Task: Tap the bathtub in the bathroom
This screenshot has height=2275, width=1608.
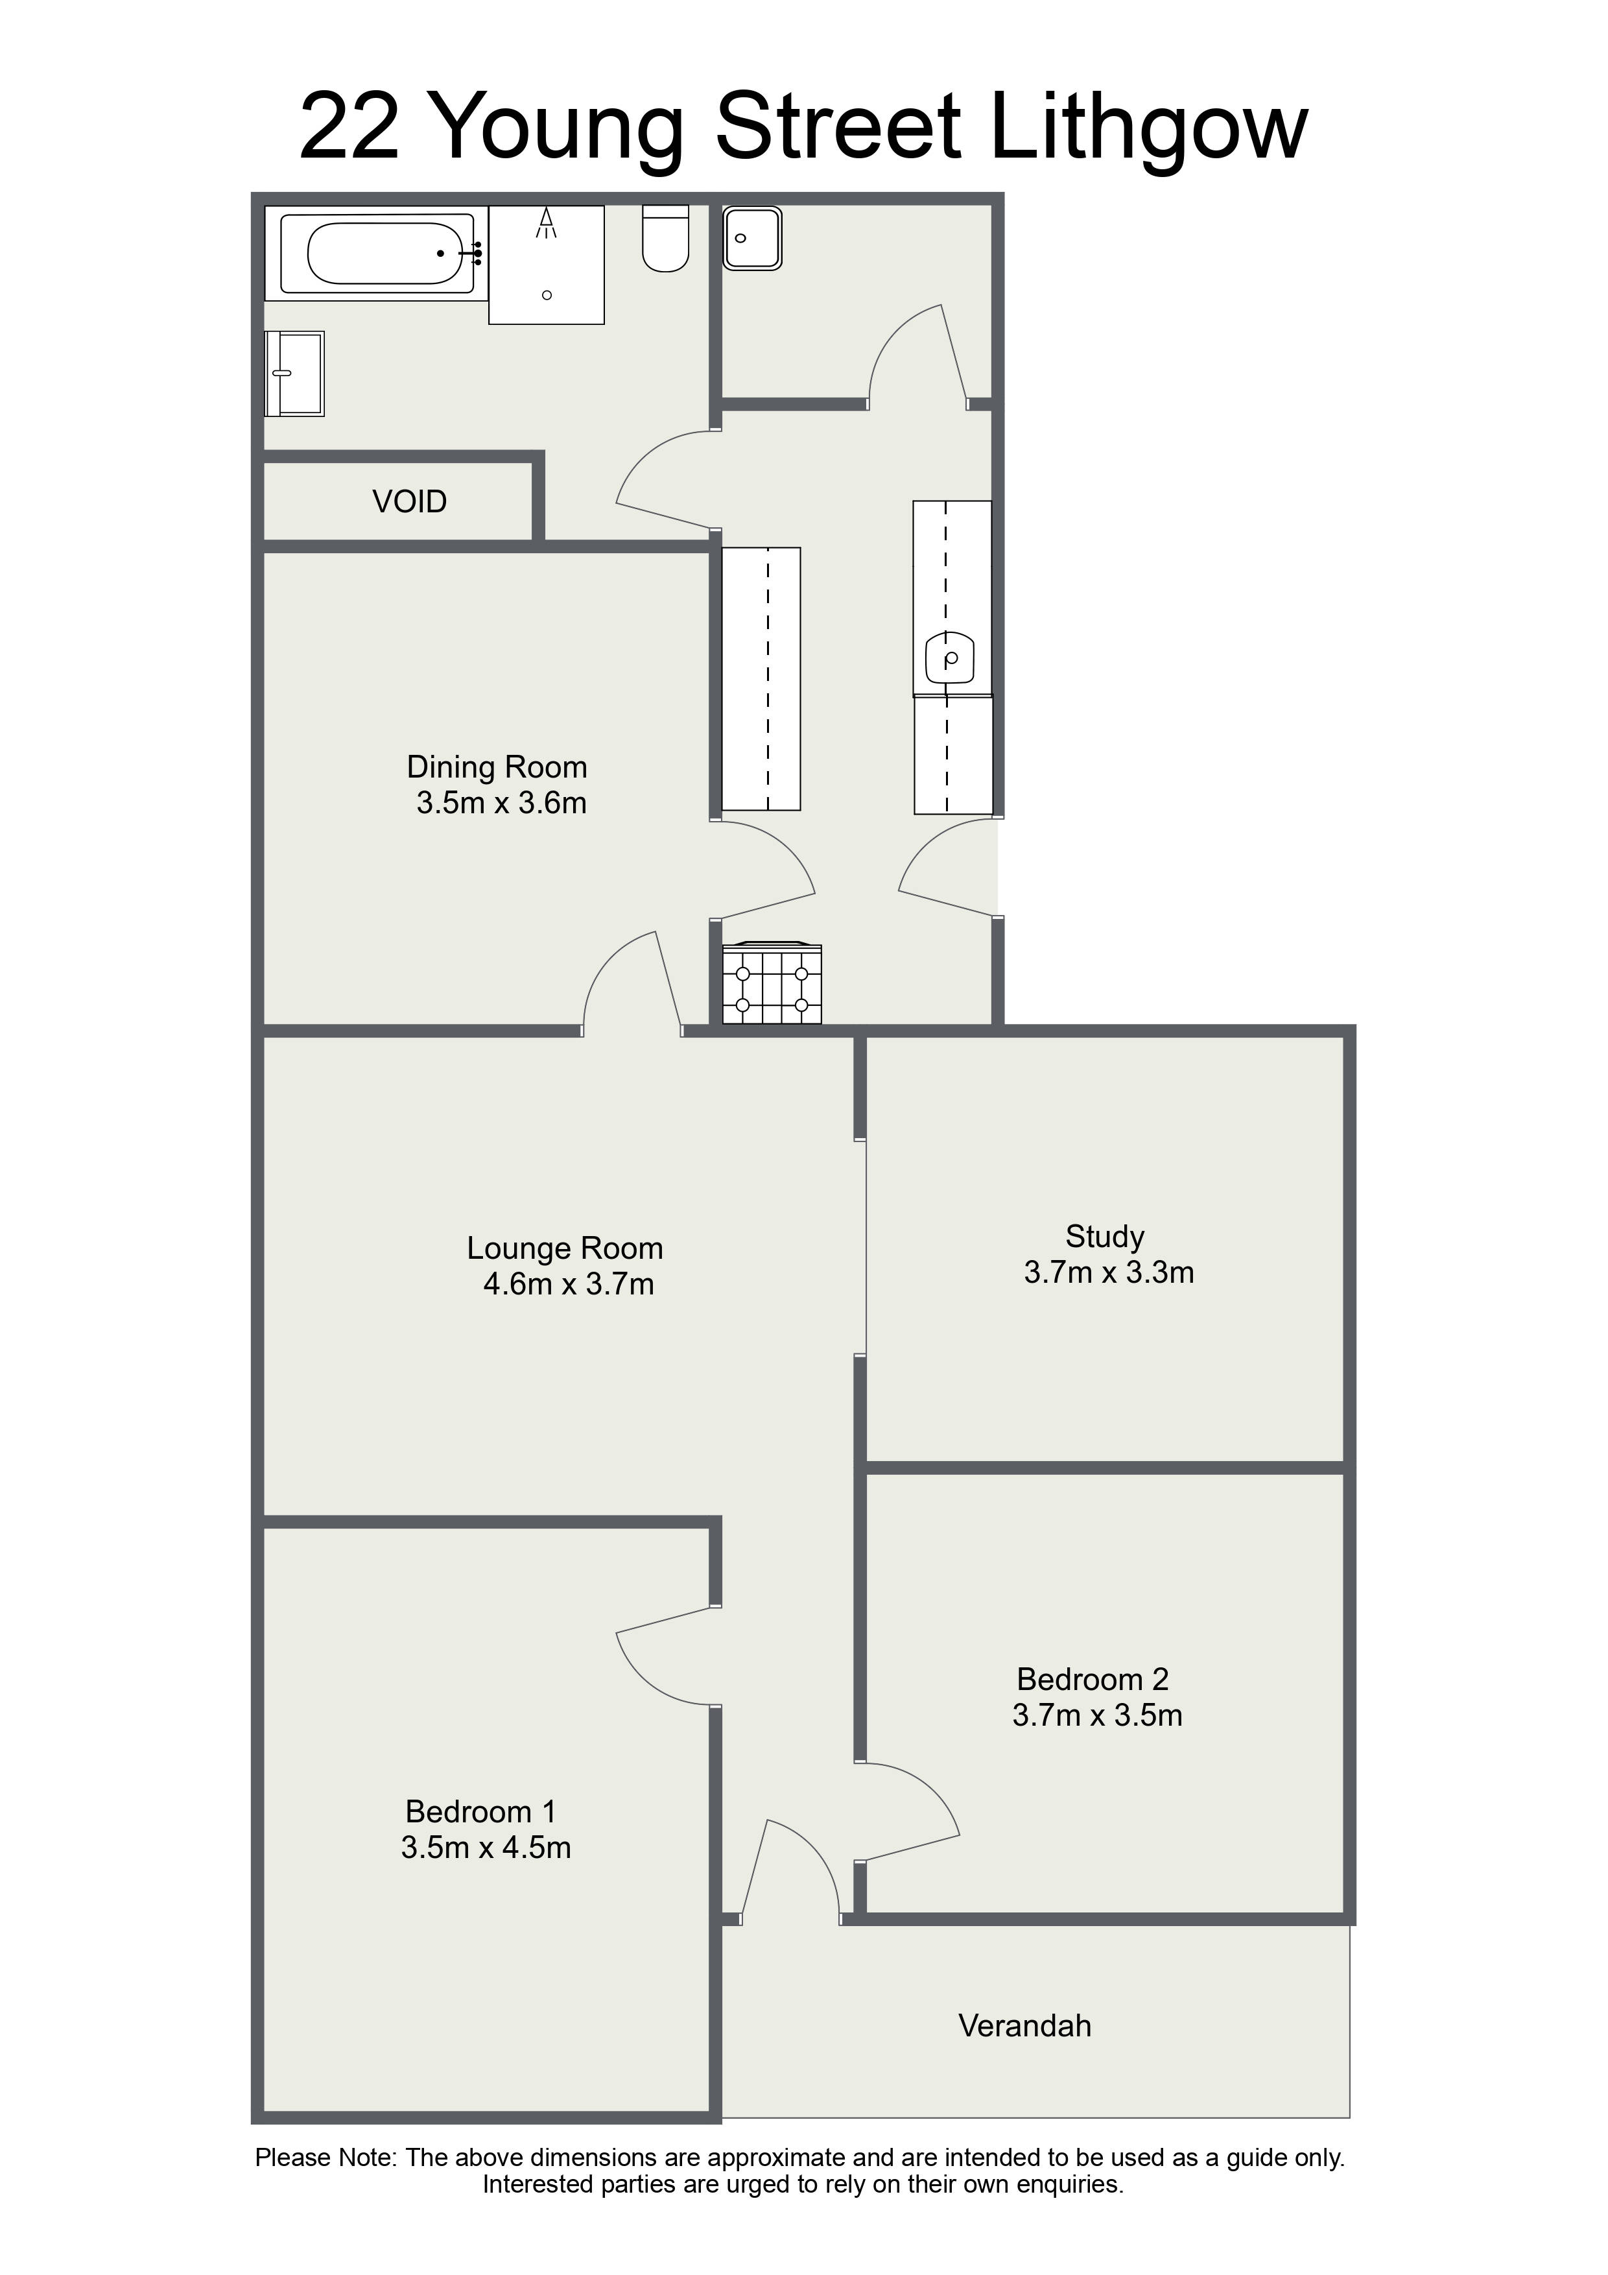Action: click(x=377, y=254)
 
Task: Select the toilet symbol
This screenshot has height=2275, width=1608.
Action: click(x=666, y=238)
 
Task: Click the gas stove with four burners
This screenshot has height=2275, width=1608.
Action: click(x=772, y=983)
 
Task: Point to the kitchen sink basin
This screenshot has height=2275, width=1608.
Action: click(x=950, y=657)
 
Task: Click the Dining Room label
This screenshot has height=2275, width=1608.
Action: click(x=497, y=767)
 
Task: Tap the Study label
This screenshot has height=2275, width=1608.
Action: click(x=1105, y=1237)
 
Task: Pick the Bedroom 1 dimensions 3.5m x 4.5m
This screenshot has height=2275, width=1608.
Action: click(x=486, y=1847)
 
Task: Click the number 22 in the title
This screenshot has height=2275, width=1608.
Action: click(x=349, y=127)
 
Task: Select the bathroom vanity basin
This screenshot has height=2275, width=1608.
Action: click(x=294, y=374)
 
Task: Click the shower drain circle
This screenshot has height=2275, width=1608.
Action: click(x=547, y=295)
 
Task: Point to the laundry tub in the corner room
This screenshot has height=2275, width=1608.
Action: click(x=753, y=238)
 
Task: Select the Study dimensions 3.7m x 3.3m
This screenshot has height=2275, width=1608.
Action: click(x=1109, y=1272)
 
